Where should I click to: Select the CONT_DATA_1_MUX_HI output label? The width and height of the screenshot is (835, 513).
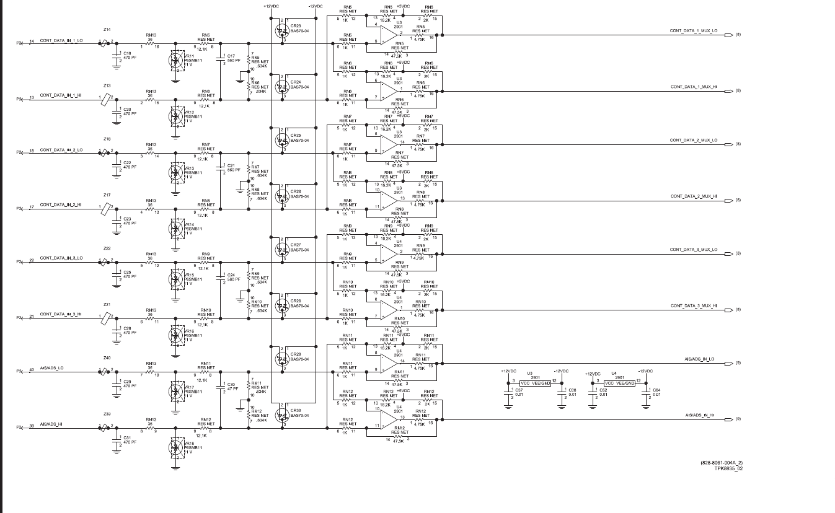click(694, 87)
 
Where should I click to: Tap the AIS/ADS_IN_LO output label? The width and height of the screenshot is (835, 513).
click(699, 359)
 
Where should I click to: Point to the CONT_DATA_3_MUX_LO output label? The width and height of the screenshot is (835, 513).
click(694, 250)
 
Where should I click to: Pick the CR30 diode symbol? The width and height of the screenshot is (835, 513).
click(281, 415)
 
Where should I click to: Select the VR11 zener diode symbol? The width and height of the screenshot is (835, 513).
click(176, 60)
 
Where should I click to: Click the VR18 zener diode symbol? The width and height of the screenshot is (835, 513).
click(176, 447)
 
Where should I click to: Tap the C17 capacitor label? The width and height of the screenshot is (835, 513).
click(231, 56)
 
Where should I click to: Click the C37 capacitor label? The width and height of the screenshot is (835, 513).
click(519, 390)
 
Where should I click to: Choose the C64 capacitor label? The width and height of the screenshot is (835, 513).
click(656, 390)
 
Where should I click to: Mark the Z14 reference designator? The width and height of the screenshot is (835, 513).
click(107, 30)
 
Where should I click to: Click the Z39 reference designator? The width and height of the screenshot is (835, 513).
click(107, 413)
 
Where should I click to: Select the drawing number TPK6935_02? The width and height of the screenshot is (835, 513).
click(728, 468)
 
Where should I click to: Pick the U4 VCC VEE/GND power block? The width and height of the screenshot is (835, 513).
click(620, 384)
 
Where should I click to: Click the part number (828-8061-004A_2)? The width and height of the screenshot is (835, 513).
click(722, 463)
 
